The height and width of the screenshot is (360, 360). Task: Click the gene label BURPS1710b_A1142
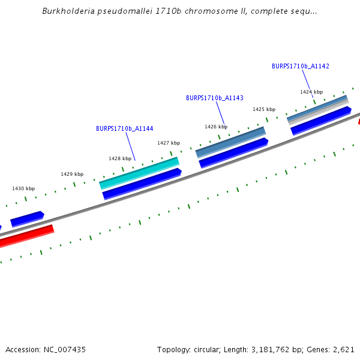click(x=300, y=67)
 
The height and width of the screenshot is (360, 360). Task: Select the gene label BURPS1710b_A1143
click(x=214, y=98)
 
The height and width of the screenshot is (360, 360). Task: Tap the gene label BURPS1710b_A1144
click(x=124, y=128)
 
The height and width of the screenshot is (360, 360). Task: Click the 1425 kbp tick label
click(x=264, y=109)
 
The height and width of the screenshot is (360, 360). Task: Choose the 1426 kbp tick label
click(x=216, y=127)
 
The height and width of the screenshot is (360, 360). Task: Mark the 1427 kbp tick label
click(x=169, y=143)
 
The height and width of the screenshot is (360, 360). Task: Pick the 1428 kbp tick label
click(x=120, y=158)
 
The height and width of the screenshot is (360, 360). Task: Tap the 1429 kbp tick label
click(x=72, y=174)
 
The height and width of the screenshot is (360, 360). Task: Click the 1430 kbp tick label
click(x=23, y=188)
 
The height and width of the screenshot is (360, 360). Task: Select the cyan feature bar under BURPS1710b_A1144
click(x=139, y=172)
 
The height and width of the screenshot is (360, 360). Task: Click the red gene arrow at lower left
click(x=27, y=236)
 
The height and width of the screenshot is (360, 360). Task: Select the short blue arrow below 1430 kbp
click(x=27, y=219)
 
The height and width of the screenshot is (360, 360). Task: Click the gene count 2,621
click(x=343, y=349)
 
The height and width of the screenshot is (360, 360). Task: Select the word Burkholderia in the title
click(x=66, y=11)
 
